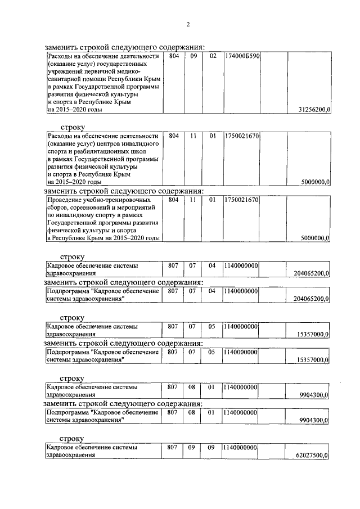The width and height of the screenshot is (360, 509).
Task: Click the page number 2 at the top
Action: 188,24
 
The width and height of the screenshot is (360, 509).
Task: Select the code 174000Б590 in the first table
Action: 241,57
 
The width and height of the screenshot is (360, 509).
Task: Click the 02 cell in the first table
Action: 213,57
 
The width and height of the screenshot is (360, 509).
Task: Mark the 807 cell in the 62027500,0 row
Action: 173,447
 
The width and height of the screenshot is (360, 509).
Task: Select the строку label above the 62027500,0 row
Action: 72,438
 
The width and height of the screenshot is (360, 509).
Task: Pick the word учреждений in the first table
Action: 66,73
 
